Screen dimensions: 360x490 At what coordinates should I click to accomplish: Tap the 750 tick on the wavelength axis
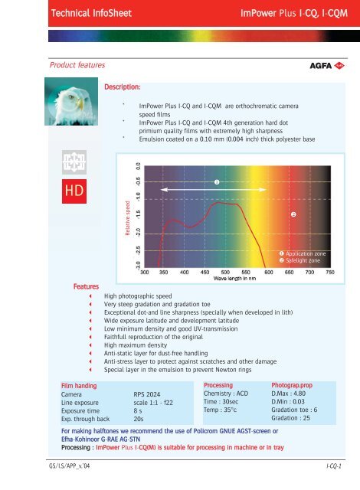pos(330,271)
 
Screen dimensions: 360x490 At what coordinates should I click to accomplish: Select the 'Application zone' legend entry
pos(306,253)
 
